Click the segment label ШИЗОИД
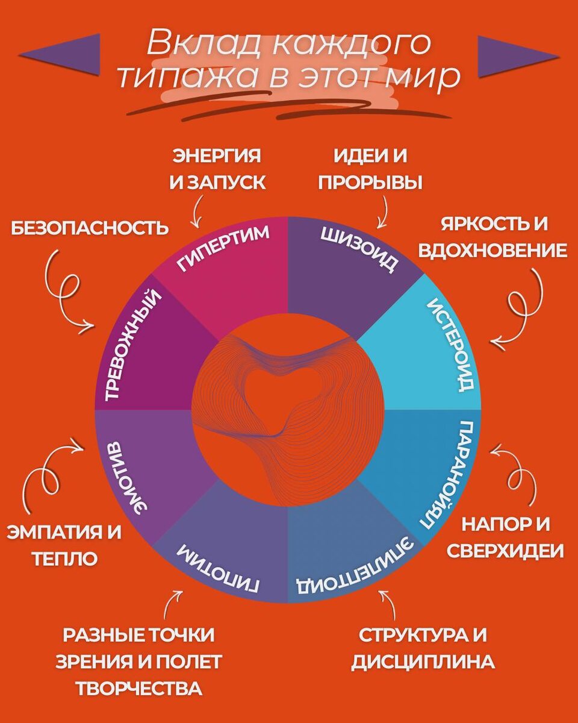click(x=359, y=249)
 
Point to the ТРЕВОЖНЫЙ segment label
click(x=134, y=344)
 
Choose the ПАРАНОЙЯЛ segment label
click(x=452, y=476)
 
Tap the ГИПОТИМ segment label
click(x=218, y=568)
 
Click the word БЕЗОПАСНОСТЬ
click(x=89, y=229)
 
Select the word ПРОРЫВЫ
click(x=370, y=182)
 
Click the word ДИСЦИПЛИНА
click(x=423, y=662)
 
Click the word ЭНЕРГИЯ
click(x=217, y=156)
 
